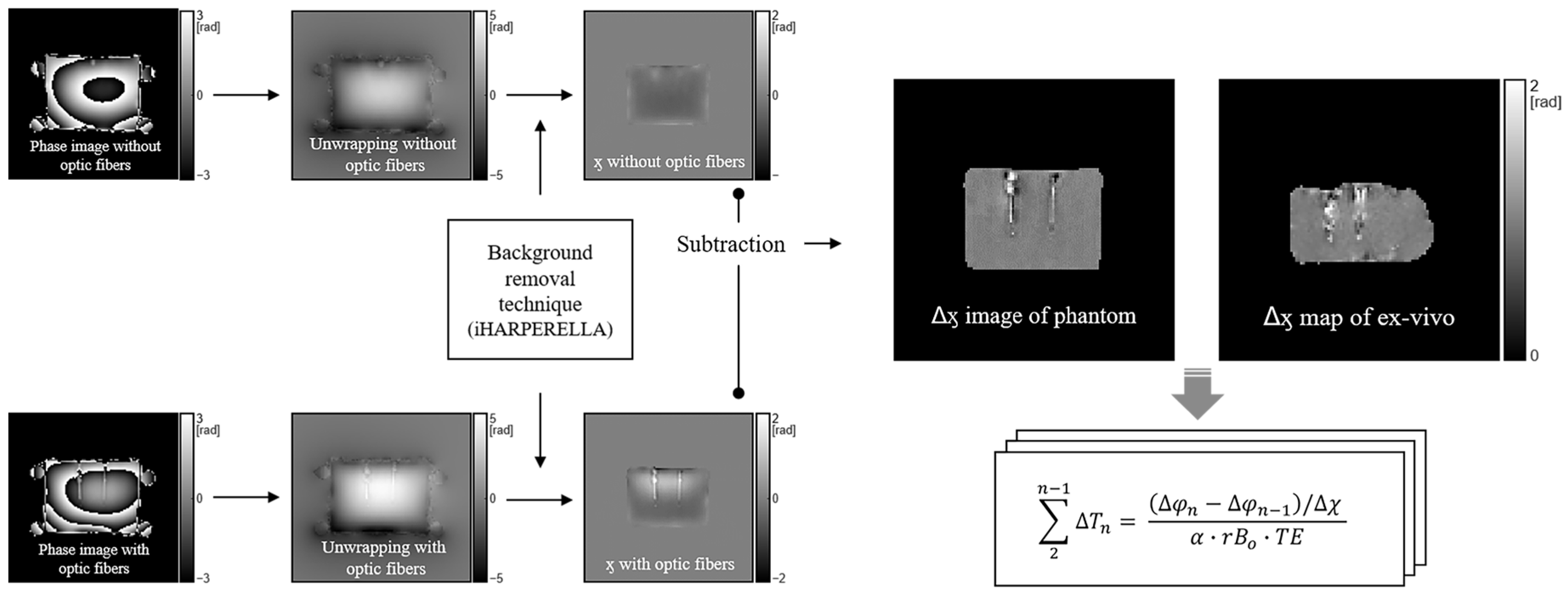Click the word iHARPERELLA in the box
click(540, 330)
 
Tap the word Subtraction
click(731, 244)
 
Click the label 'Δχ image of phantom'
click(1034, 316)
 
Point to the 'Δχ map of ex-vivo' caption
click(1358, 317)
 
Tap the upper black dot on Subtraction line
click(739, 194)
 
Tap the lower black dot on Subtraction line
click(739, 393)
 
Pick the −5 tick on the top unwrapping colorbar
click(496, 175)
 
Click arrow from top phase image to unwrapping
click(246, 95)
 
